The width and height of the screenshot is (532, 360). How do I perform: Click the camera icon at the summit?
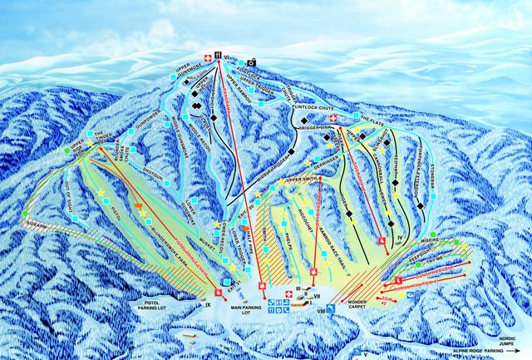[x=250, y=62]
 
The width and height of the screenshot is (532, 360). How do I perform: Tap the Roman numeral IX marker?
[x=208, y=305]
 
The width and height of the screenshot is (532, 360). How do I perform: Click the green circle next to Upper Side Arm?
[x=67, y=150]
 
